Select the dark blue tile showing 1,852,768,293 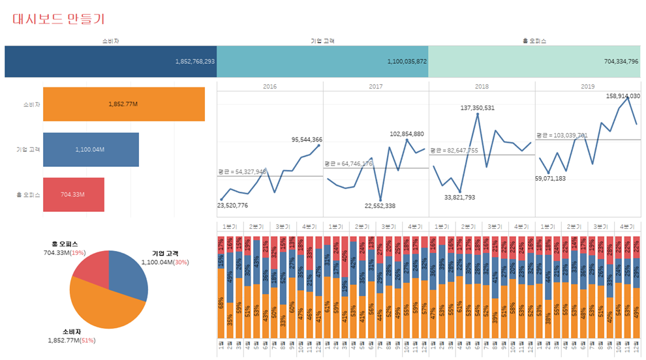coord(110,61)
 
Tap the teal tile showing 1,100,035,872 coord(322,61)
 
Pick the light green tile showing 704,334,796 coord(534,61)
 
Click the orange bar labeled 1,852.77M coord(124,104)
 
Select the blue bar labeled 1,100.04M coord(91,149)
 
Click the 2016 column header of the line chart coord(269,86)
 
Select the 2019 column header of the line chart coord(588,86)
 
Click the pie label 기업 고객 coord(164,254)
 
